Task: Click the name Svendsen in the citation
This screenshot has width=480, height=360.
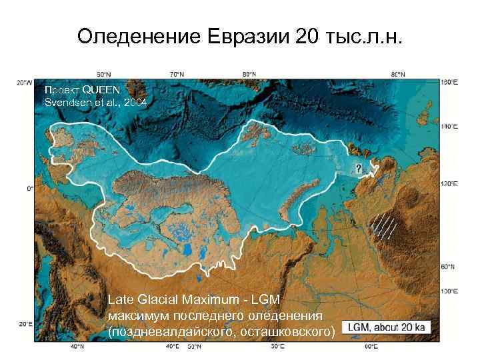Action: pyautogui.click(x=66, y=102)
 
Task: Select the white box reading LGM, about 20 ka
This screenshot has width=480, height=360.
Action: pyautogui.click(x=389, y=327)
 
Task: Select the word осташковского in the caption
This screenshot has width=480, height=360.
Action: pyautogui.click(x=284, y=331)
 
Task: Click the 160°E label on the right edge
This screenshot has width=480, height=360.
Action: pyautogui.click(x=449, y=82)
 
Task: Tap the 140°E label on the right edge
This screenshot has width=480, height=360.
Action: pyautogui.click(x=449, y=125)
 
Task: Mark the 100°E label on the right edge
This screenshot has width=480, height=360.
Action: pyautogui.click(x=449, y=291)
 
